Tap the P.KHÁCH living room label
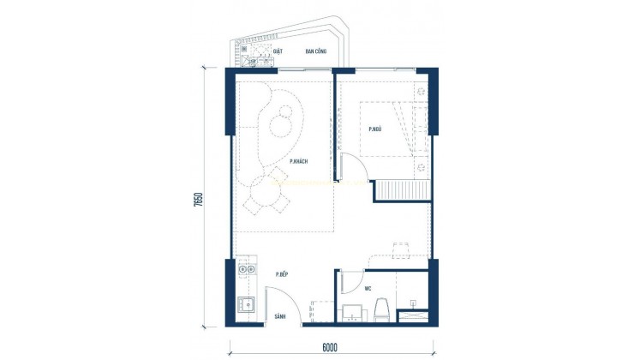[299, 161]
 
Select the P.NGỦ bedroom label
[375, 129]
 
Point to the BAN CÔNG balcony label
[314, 51]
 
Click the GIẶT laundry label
[278, 51]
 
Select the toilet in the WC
[383, 307]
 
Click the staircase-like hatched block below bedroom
[401, 189]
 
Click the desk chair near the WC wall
[400, 249]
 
